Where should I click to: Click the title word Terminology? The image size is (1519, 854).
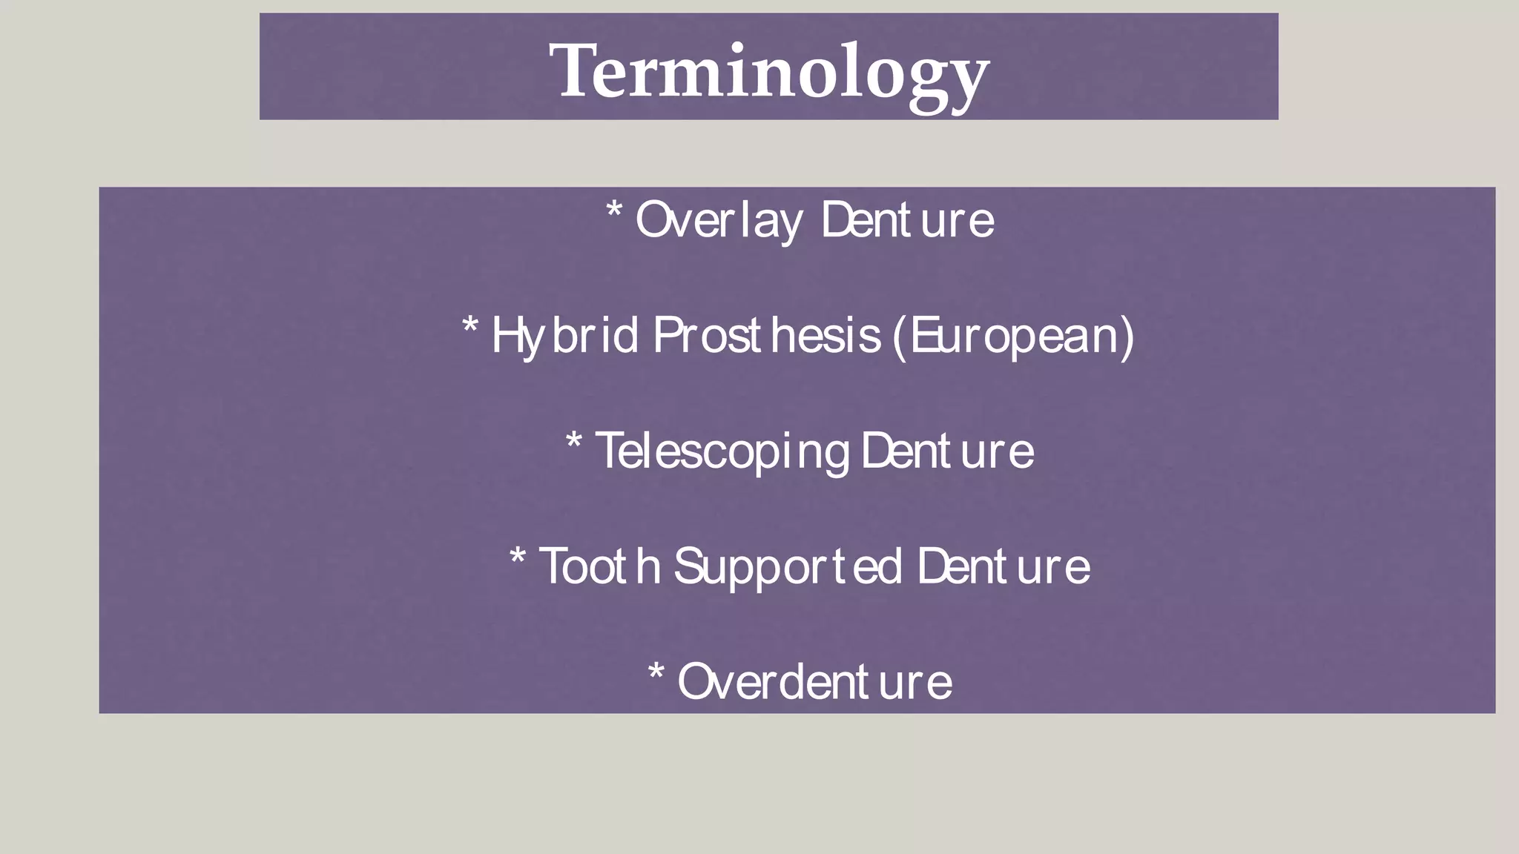(x=769, y=73)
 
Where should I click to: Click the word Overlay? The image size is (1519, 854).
(x=718, y=220)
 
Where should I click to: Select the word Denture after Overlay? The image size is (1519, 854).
(x=907, y=220)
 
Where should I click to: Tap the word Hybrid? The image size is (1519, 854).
(x=564, y=336)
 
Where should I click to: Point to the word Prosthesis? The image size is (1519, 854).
(x=767, y=336)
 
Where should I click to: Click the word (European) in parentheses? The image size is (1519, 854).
(x=1013, y=336)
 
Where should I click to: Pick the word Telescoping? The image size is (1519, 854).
(x=722, y=451)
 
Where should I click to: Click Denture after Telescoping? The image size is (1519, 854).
(x=947, y=451)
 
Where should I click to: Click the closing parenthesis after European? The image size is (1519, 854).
(x=1127, y=336)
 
